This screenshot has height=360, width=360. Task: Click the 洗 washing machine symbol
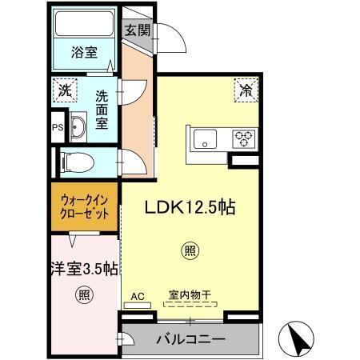[64, 89]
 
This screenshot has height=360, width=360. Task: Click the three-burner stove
[243, 138]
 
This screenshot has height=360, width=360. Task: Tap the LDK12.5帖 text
[189, 206]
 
